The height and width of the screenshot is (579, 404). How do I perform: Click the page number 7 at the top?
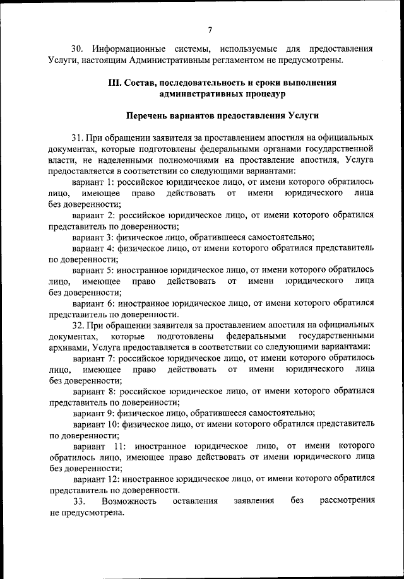click(208, 28)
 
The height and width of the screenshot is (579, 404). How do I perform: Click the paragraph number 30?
click(77, 49)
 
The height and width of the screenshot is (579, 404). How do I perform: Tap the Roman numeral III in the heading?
click(116, 83)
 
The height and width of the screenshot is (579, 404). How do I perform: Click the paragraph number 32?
click(77, 325)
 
